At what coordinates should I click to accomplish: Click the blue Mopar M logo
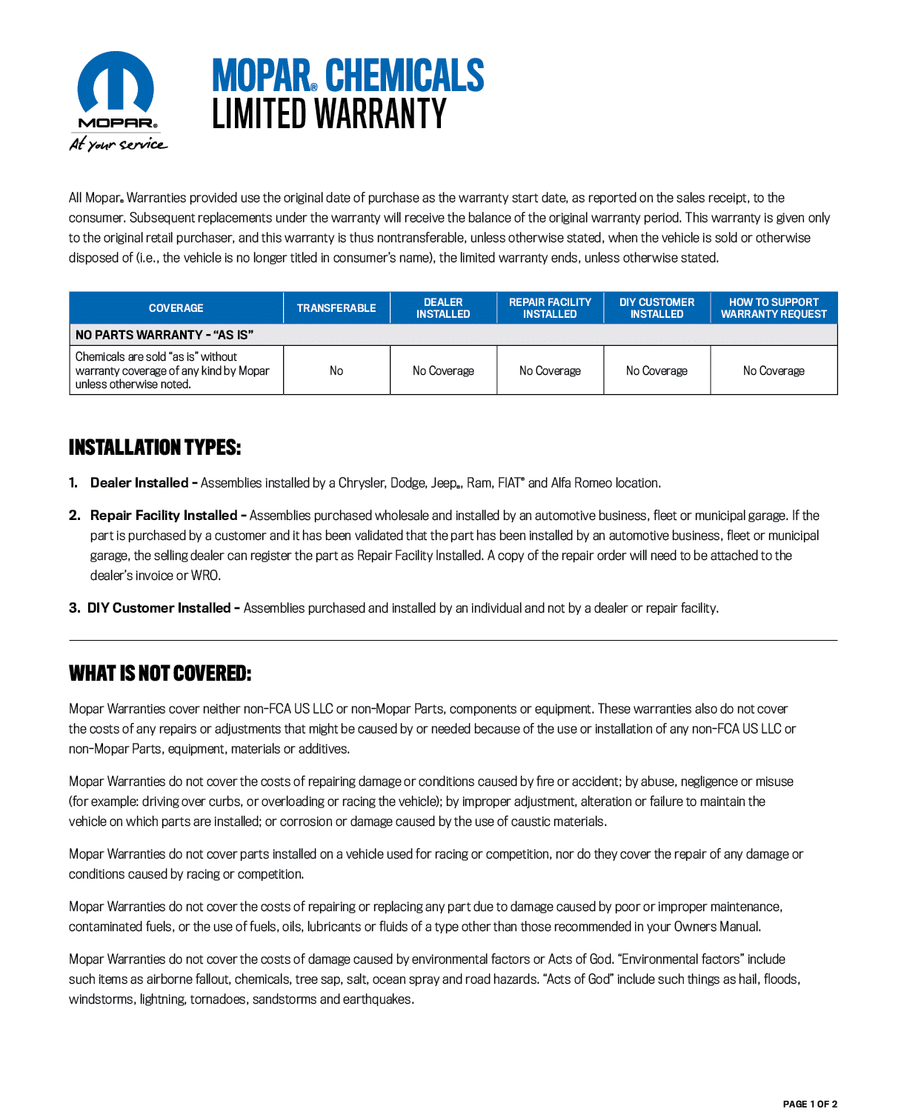(116, 83)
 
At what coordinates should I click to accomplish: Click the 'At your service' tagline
(118, 144)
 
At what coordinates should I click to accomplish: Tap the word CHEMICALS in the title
(404, 76)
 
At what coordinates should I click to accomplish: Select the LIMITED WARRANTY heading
(329, 114)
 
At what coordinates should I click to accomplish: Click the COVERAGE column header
(176, 308)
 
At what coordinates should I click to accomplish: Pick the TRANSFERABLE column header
(336, 308)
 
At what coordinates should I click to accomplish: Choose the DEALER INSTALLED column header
(443, 308)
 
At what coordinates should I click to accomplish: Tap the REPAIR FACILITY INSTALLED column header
(550, 308)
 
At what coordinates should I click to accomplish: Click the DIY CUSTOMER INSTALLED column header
(657, 308)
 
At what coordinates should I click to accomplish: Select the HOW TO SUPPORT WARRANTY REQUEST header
(774, 308)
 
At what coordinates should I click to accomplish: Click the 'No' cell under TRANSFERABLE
(336, 370)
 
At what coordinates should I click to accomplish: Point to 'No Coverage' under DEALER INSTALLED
(443, 370)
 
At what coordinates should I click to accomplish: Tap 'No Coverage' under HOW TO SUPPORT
(774, 370)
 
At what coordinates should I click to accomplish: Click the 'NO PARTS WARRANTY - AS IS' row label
(165, 335)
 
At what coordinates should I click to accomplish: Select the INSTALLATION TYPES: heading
(155, 447)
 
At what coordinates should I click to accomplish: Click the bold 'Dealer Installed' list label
(139, 483)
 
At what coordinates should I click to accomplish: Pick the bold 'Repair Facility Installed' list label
(164, 516)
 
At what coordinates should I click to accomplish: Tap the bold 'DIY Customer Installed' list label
(159, 608)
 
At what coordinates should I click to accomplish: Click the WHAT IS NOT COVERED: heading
(160, 673)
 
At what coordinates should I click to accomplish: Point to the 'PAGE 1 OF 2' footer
(810, 1104)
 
